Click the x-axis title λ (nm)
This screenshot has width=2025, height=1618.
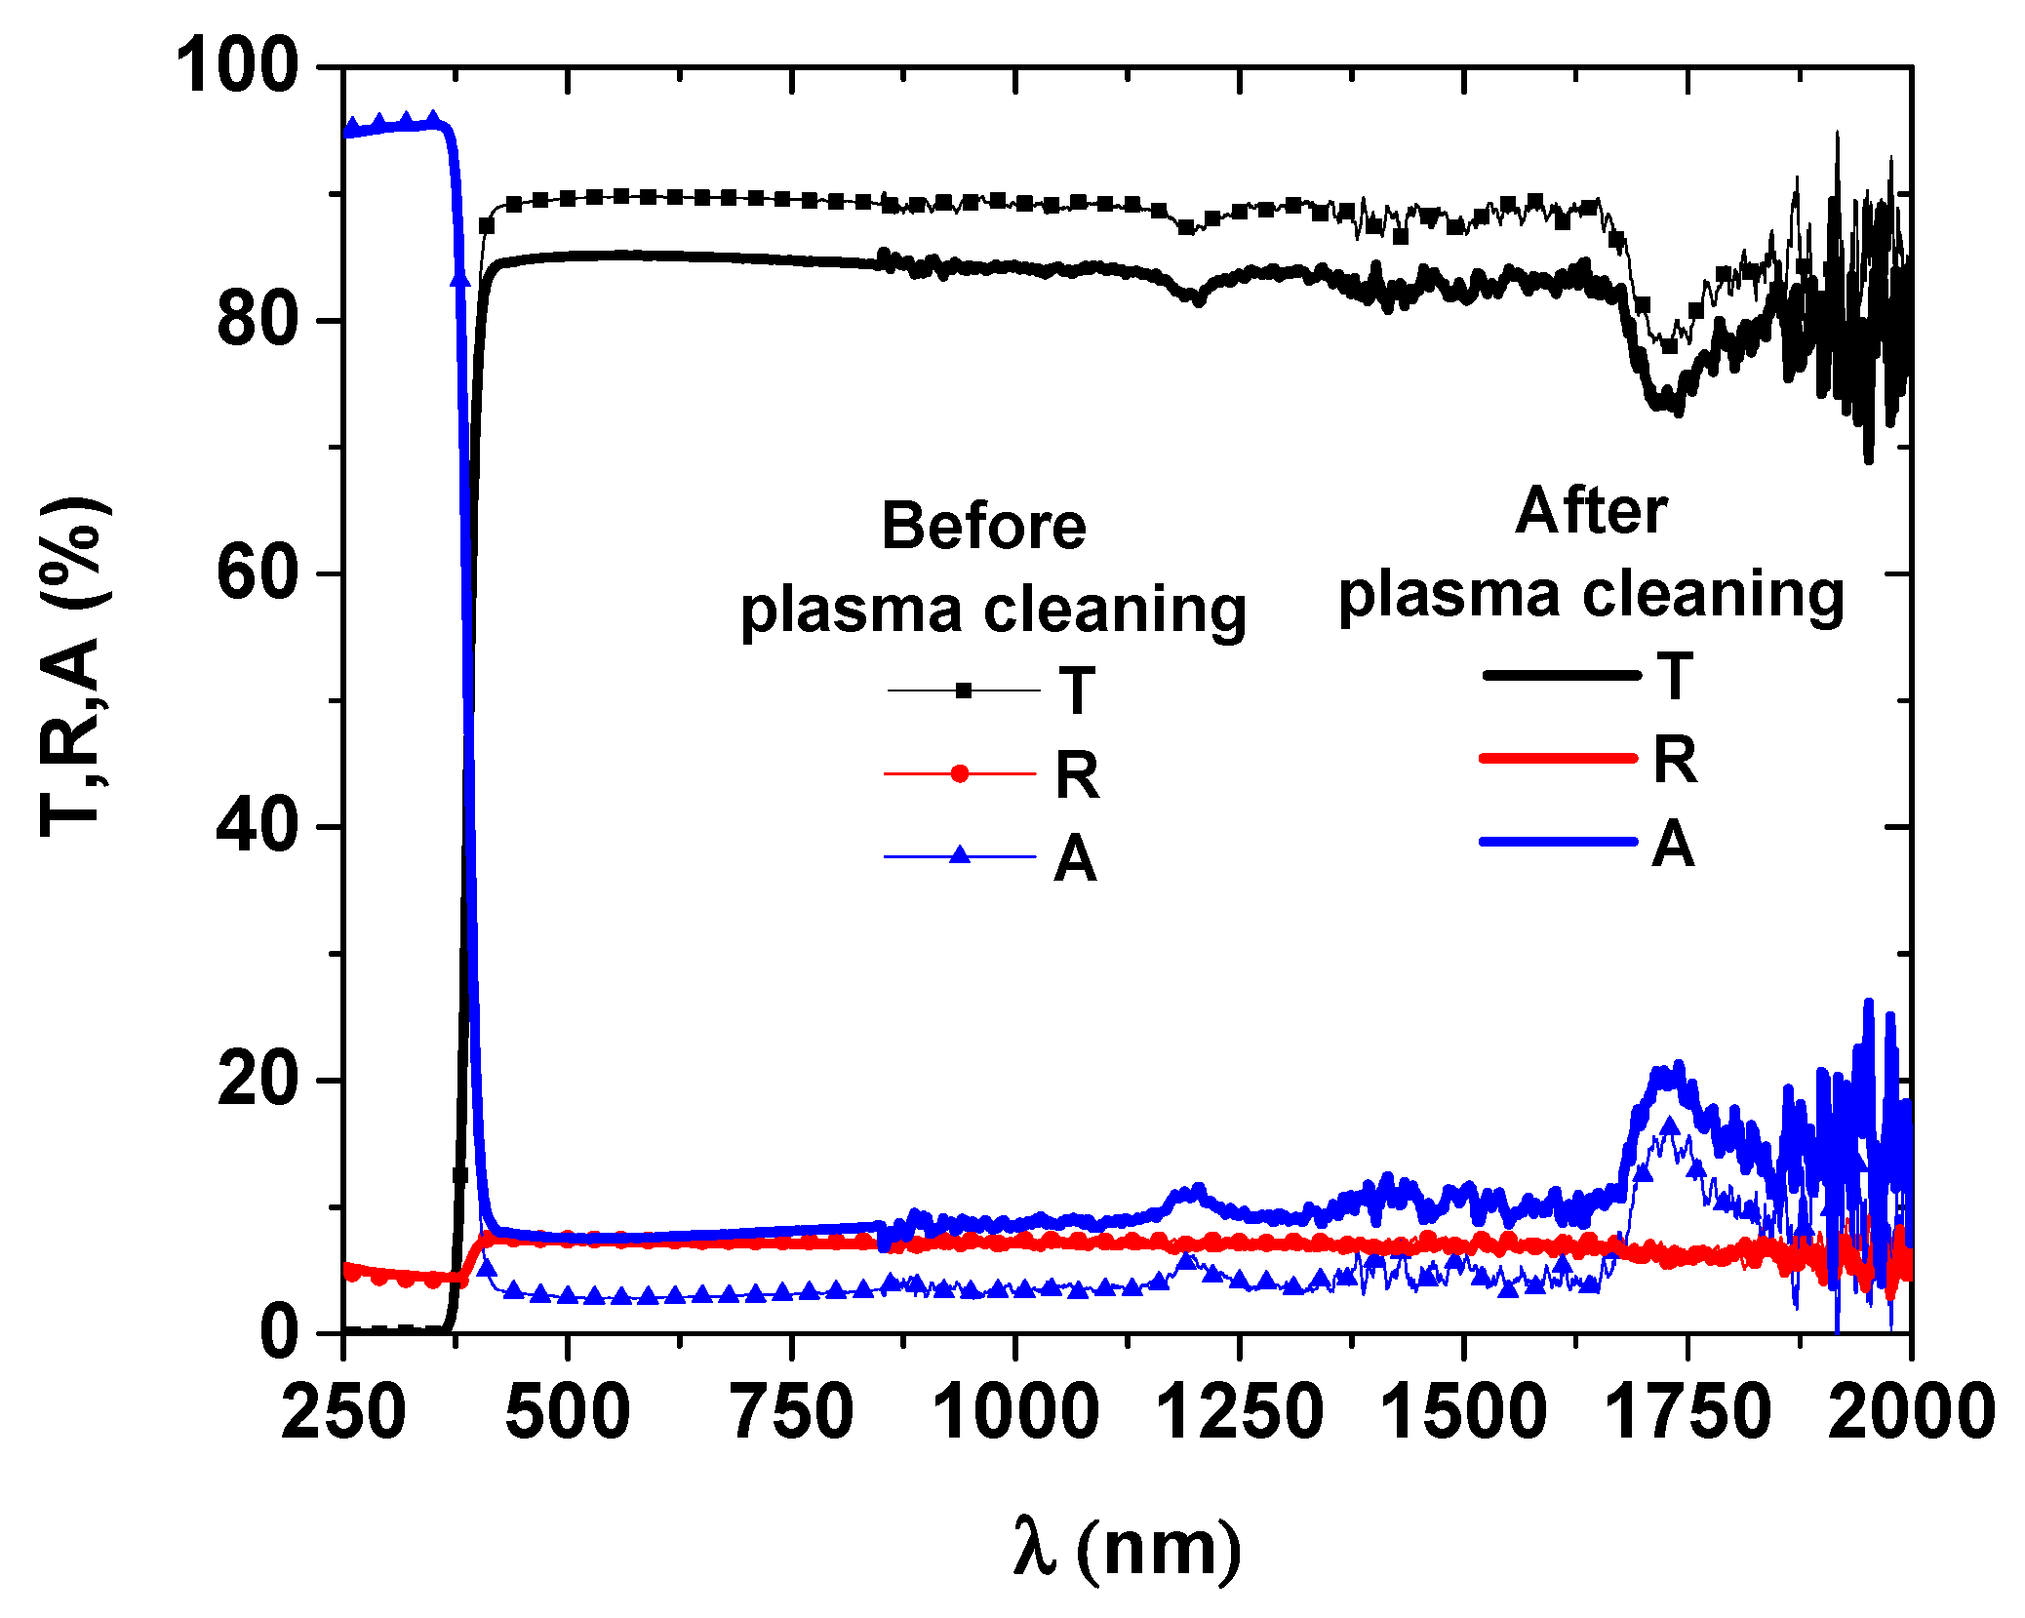(1127, 1549)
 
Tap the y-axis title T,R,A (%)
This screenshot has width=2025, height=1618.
(73, 668)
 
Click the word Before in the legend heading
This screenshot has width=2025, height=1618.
(983, 527)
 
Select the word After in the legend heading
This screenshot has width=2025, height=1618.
(1591, 511)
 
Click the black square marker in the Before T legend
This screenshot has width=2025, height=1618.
(964, 691)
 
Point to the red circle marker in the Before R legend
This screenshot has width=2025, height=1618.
(960, 774)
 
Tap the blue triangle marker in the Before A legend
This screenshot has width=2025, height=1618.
(960, 856)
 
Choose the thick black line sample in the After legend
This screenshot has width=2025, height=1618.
(1561, 675)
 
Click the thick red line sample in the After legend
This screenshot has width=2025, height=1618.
(1559, 758)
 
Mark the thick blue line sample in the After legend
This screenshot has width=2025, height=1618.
(1559, 841)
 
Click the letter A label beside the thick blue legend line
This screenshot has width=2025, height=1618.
(1673, 844)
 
